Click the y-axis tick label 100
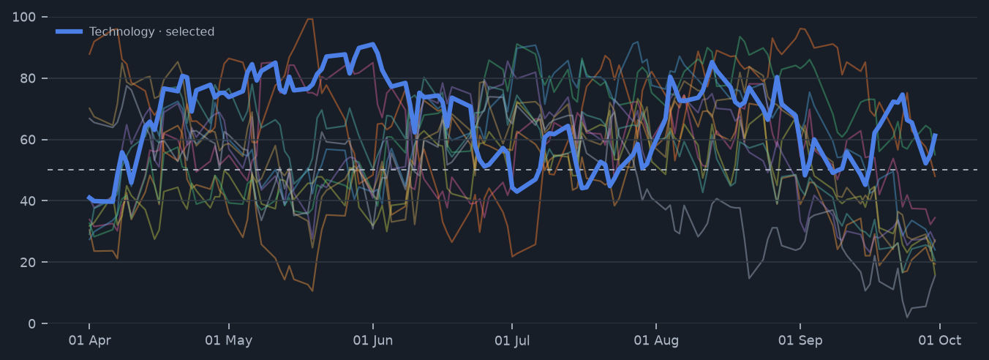(x=24, y=18)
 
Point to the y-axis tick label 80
(x=28, y=78)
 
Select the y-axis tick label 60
(x=28, y=140)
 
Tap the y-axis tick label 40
(x=28, y=201)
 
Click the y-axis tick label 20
(x=28, y=263)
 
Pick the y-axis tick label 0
(x=31, y=323)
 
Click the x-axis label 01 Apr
(x=90, y=340)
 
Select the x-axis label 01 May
(x=229, y=340)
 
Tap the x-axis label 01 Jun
(x=372, y=340)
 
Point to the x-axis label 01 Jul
(x=512, y=340)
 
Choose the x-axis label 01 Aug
(x=656, y=340)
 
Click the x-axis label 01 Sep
(x=800, y=340)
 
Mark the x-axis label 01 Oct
(x=939, y=340)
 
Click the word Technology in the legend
(x=122, y=31)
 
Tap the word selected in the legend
(x=190, y=31)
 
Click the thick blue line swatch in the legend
(x=69, y=31)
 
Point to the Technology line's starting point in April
(x=89, y=198)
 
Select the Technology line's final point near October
(x=935, y=135)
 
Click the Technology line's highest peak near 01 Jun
(x=373, y=44)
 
